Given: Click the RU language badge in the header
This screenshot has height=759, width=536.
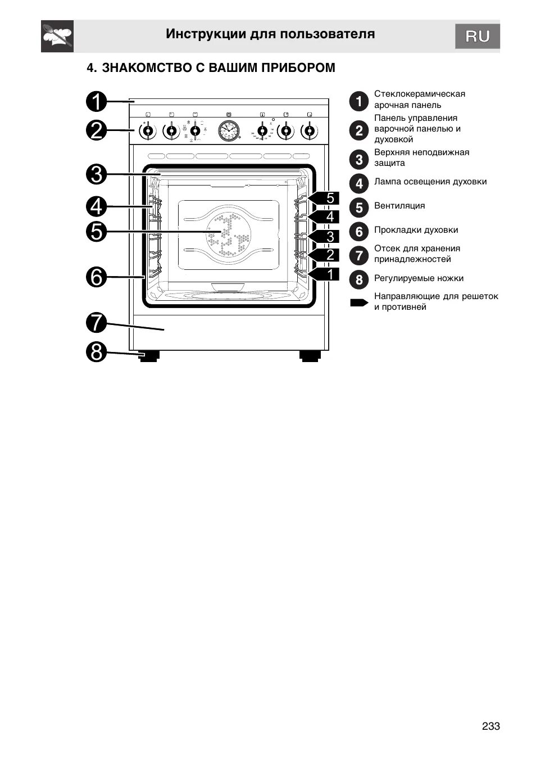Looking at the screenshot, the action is click(x=477, y=37).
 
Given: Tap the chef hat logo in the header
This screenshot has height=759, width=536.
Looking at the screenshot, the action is click(x=57, y=37).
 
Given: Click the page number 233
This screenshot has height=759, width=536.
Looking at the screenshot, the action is click(x=490, y=726).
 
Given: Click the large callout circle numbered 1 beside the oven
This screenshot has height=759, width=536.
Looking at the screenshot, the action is click(x=97, y=102).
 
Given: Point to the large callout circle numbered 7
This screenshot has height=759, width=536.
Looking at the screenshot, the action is click(x=97, y=323).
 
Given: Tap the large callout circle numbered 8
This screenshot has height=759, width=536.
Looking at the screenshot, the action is click(x=97, y=353).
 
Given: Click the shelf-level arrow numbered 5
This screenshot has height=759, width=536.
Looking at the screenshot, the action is click(x=324, y=198).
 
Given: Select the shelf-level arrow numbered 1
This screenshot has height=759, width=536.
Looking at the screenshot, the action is click(x=324, y=274).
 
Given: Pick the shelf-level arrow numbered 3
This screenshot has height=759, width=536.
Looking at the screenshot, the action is click(x=324, y=236).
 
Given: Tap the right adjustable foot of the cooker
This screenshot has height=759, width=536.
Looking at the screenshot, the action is click(x=309, y=356).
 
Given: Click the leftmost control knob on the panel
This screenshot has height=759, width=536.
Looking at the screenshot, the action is click(x=147, y=132).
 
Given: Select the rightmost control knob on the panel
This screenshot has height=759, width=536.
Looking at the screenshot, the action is click(x=308, y=132).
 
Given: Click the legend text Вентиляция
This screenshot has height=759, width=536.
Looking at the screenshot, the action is click(x=399, y=206).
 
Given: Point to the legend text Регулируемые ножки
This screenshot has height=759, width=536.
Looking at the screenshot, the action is click(x=419, y=278).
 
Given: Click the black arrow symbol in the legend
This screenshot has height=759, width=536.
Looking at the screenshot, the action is click(x=358, y=302).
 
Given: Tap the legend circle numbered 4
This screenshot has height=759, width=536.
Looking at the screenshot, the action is click(x=359, y=183).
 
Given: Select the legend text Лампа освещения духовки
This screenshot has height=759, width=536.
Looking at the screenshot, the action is click(x=430, y=182).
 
